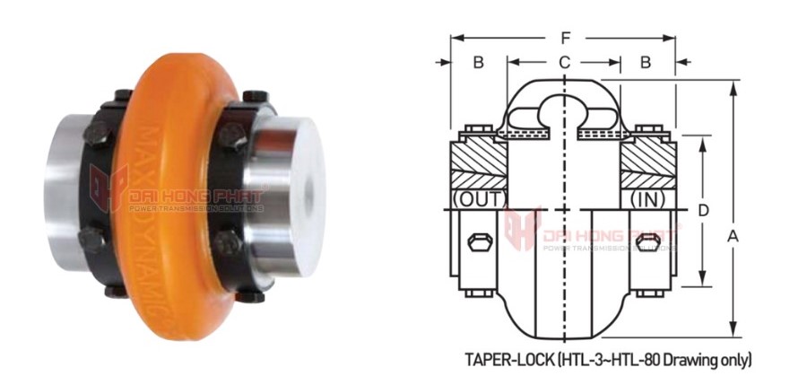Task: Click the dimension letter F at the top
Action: click(x=563, y=39)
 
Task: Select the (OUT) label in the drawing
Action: click(x=479, y=197)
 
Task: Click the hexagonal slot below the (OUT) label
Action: click(x=479, y=243)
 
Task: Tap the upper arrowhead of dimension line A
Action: click(x=733, y=83)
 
